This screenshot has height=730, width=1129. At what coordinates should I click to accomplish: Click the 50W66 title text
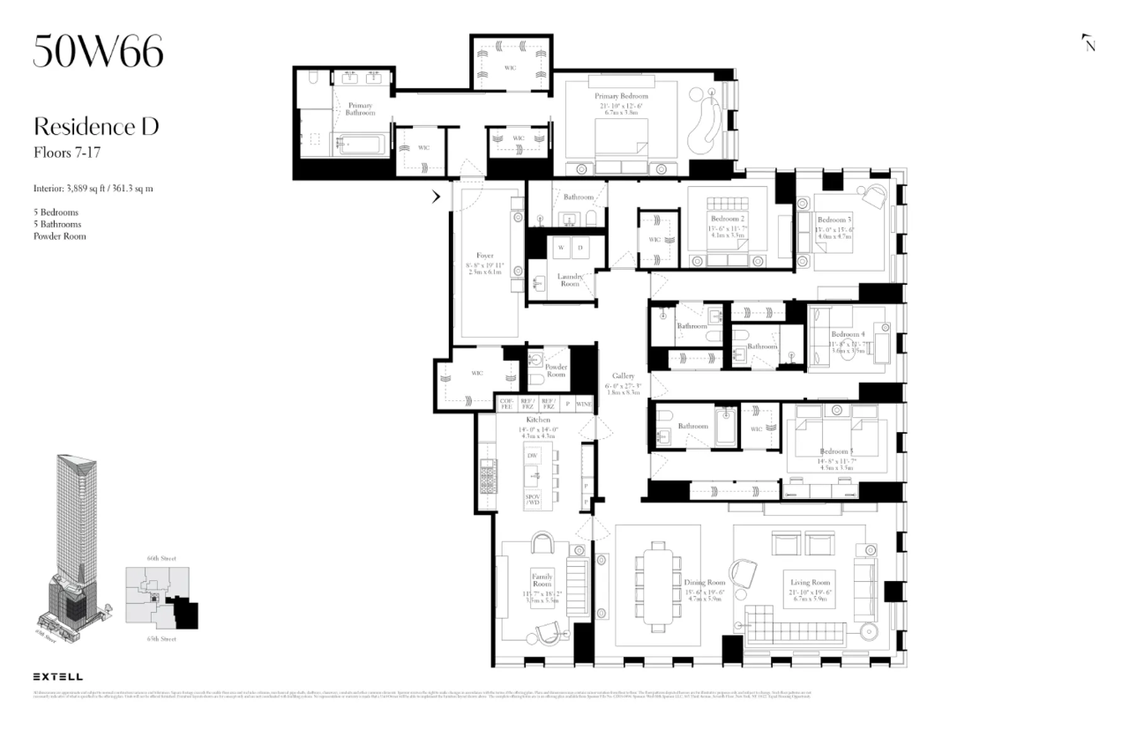point(98,53)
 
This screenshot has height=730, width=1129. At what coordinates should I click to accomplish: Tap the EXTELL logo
point(58,676)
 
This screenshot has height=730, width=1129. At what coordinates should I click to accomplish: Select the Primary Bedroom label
point(621,96)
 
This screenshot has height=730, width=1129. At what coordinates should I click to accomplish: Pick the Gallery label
point(624,376)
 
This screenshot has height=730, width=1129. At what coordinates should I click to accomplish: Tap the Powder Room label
point(556,370)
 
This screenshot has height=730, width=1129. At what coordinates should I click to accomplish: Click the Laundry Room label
point(570,280)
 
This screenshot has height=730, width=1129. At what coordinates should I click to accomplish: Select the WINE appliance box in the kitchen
point(584,404)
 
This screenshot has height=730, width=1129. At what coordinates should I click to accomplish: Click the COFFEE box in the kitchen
point(506,404)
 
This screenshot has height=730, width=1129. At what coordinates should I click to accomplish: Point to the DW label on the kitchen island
point(533,455)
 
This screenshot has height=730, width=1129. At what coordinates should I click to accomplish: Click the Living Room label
point(810,582)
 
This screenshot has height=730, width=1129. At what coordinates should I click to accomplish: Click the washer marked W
point(559,250)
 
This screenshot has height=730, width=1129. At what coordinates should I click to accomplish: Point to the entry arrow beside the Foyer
point(436,197)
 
